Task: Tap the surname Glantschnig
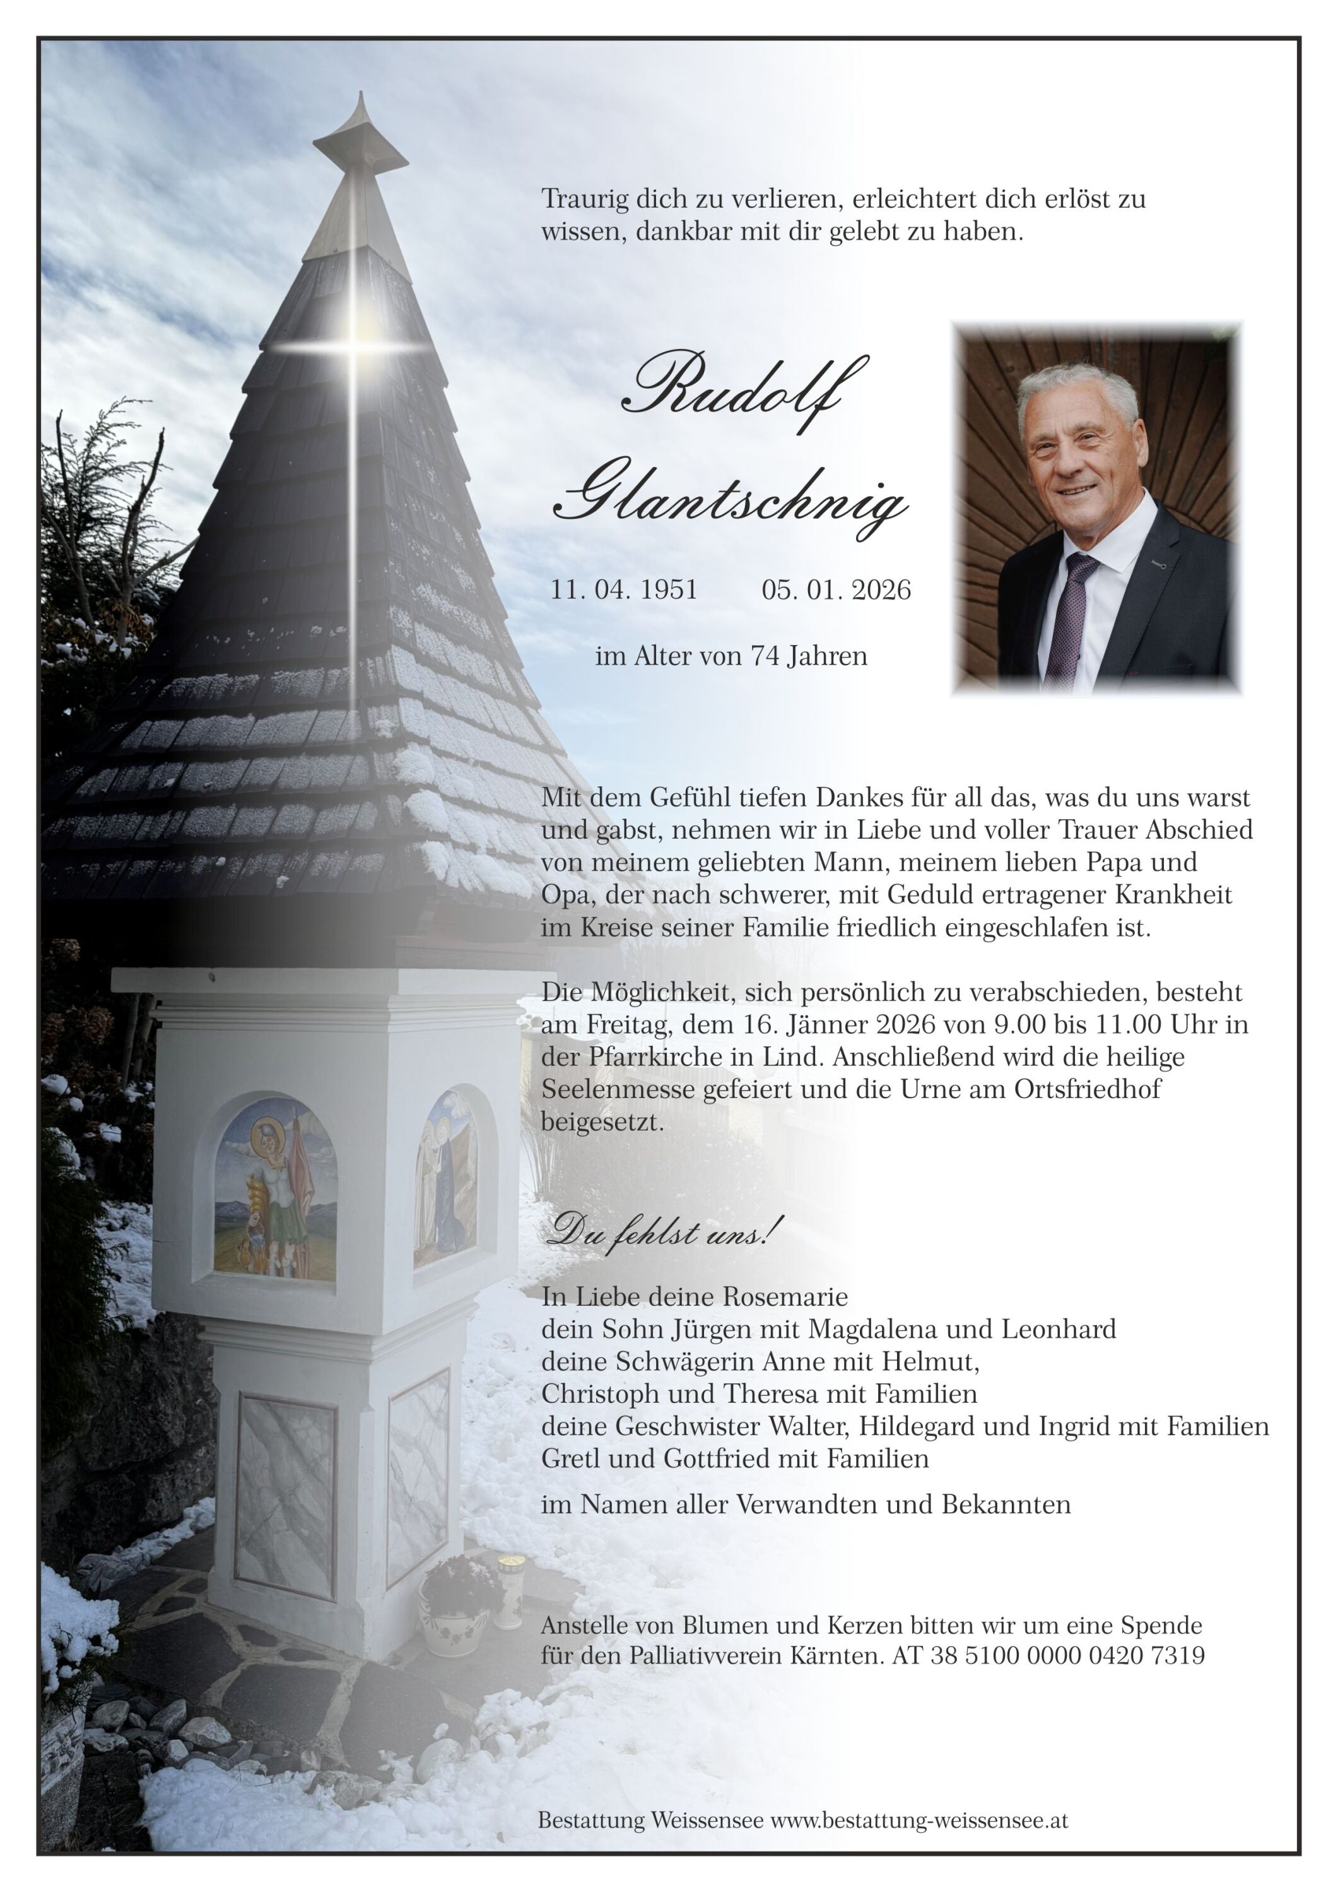coord(730,499)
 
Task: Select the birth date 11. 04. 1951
coord(624,590)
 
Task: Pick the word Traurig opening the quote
coord(585,199)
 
